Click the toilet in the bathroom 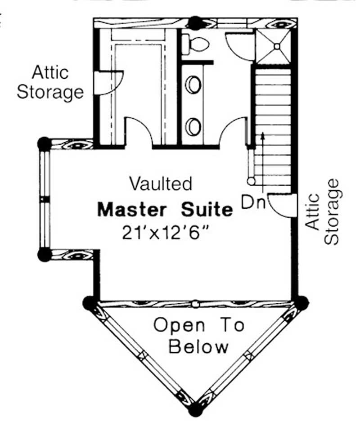tap(197, 44)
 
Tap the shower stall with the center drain tap(276, 45)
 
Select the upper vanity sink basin tap(193, 84)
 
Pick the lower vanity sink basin tap(193, 126)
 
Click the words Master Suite tap(166, 210)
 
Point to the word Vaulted tap(161, 184)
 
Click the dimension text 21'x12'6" tap(166, 233)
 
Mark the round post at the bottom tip tap(195, 410)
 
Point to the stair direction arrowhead tap(261, 135)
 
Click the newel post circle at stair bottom tap(250, 181)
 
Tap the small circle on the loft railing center tap(195, 304)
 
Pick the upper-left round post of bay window tap(44, 144)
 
